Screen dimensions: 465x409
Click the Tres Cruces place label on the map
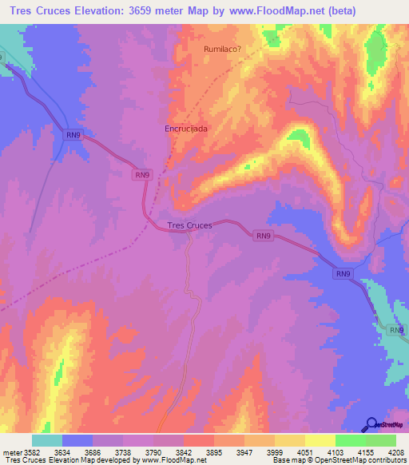point(190,225)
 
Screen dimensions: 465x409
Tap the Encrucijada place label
point(186,128)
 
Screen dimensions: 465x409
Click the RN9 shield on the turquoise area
point(397,329)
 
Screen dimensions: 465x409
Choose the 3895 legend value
point(214,451)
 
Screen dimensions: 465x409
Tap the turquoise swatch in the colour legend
point(47,440)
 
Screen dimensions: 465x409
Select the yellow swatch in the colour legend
point(320,440)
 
